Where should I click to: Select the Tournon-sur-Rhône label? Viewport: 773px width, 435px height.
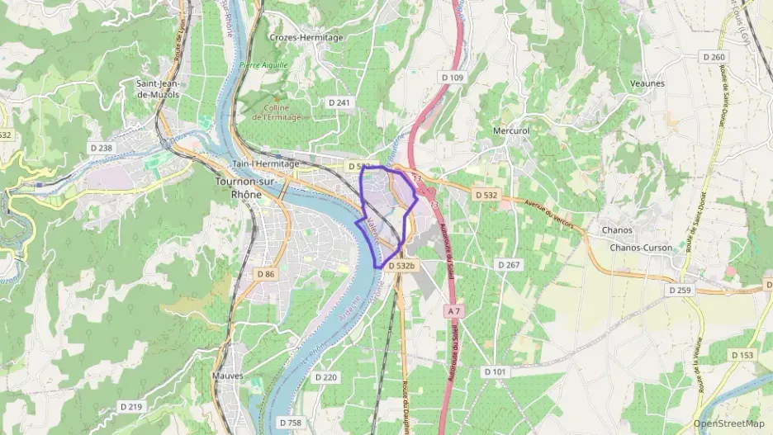point(238,187)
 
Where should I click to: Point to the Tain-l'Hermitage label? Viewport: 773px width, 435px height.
point(267,163)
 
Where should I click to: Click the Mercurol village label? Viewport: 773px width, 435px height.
point(510,130)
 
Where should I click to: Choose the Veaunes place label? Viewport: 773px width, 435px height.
point(647,83)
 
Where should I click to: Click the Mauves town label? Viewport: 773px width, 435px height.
point(228,376)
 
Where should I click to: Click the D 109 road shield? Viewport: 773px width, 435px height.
point(453,78)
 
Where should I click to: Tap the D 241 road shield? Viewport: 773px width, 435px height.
point(339,103)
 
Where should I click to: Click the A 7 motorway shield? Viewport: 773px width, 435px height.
point(451,311)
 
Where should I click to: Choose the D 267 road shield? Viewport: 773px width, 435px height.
point(509,264)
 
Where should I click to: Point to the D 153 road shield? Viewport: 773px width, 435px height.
point(742,355)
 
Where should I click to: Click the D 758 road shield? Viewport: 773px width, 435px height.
point(291,423)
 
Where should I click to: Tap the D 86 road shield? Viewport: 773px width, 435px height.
point(265,273)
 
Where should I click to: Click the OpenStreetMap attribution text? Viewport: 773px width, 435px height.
point(729,423)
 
